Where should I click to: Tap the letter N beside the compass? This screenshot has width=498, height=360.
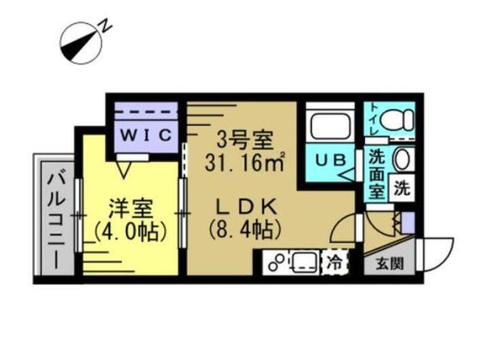click(x=106, y=26)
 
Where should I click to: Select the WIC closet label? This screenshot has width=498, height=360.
click(x=145, y=134)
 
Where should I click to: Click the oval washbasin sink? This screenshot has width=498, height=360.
click(x=402, y=161)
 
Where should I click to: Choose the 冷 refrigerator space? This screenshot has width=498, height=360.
click(x=334, y=260)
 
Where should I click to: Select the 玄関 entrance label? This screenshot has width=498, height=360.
click(x=389, y=263)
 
